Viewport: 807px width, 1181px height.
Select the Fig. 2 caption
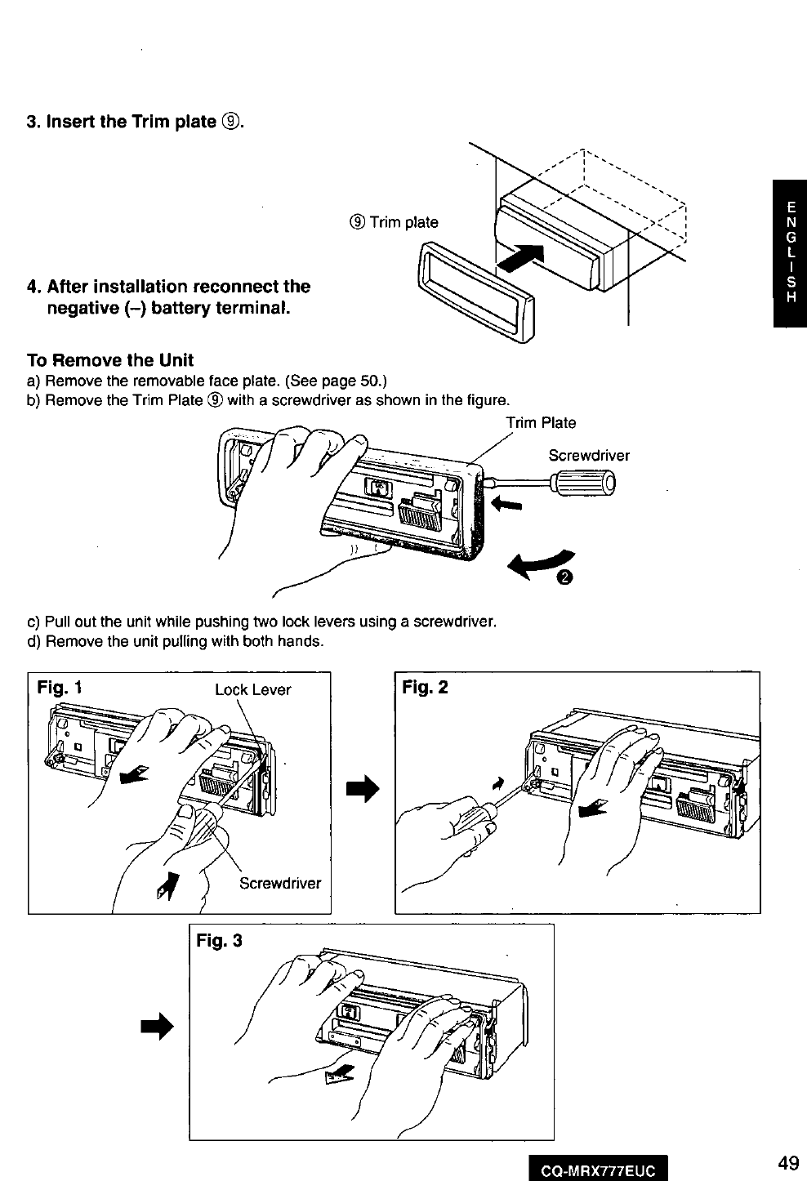click(426, 687)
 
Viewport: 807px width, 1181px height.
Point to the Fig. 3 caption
click(220, 940)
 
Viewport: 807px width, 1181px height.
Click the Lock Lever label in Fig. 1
click(252, 689)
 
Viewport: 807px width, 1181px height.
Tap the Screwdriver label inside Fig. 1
click(280, 883)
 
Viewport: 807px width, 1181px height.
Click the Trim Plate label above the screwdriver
click(541, 422)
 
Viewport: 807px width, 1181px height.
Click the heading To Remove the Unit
click(110, 360)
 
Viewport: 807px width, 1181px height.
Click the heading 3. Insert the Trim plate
click(136, 123)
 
